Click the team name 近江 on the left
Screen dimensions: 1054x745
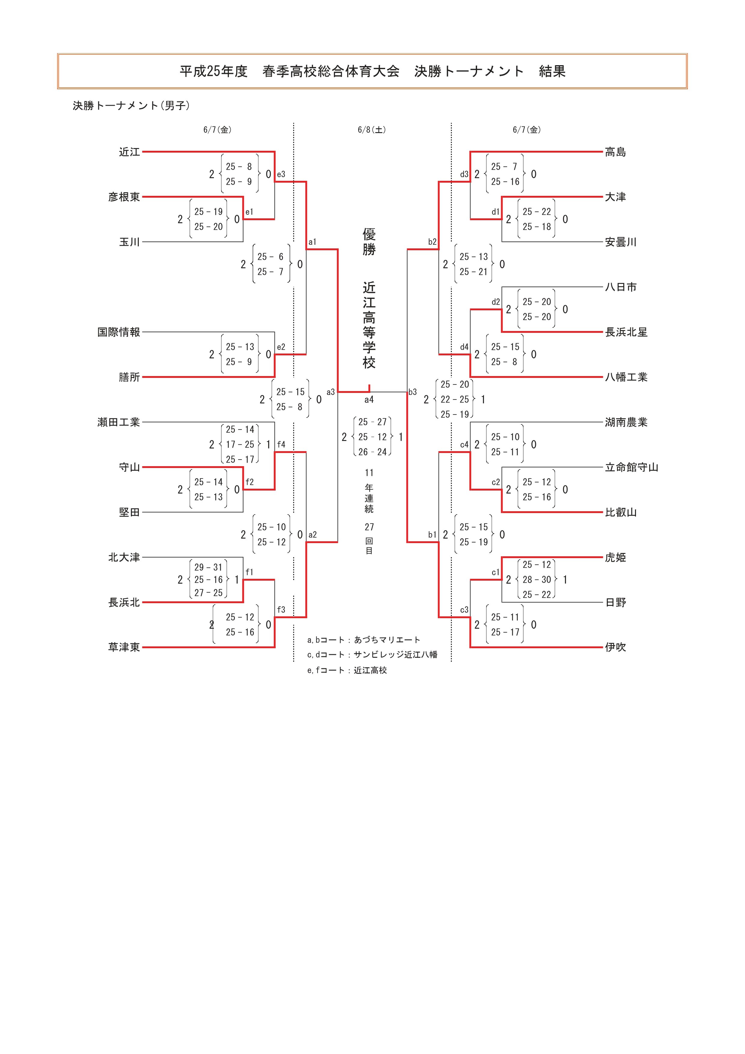[129, 152]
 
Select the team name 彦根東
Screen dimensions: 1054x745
[124, 197]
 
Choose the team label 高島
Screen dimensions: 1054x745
[615, 152]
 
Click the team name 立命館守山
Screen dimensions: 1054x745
[631, 467]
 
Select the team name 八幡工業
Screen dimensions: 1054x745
[626, 377]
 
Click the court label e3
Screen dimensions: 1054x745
[281, 175]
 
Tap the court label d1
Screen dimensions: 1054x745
[495, 212]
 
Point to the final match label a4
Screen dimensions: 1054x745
[369, 400]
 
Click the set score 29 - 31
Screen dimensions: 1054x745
[208, 567]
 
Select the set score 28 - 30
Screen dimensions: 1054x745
[537, 580]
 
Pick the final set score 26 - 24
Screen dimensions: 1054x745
[372, 452]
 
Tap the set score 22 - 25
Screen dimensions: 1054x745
[455, 399]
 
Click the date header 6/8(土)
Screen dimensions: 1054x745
[372, 130]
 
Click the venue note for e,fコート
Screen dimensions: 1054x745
[347, 670]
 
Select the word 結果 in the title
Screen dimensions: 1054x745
[552, 71]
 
